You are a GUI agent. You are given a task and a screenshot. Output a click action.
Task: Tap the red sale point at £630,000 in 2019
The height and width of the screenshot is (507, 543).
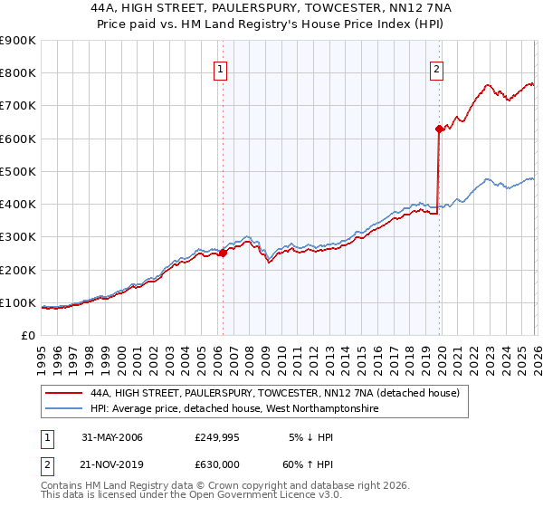[x=439, y=129]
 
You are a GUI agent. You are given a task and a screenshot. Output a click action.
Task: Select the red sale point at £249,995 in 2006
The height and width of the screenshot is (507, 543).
[x=223, y=253]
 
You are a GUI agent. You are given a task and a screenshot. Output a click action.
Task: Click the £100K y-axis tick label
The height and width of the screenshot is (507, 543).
[x=18, y=302]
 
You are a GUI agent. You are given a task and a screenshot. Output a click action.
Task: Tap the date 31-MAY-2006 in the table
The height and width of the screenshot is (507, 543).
[x=112, y=437]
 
